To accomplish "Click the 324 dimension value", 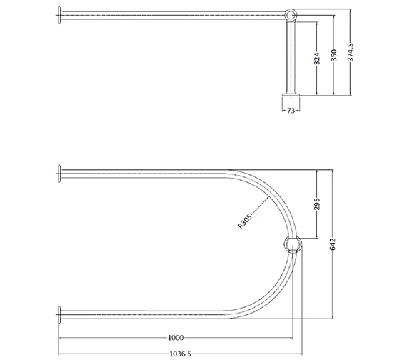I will [x=317, y=59].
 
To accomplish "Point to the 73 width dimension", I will [x=291, y=111].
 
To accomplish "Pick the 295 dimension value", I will [x=318, y=205].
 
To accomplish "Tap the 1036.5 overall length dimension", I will [x=177, y=351].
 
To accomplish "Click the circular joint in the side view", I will [x=291, y=14].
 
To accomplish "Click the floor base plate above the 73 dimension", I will [x=291, y=94].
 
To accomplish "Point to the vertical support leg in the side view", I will [x=291, y=57].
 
